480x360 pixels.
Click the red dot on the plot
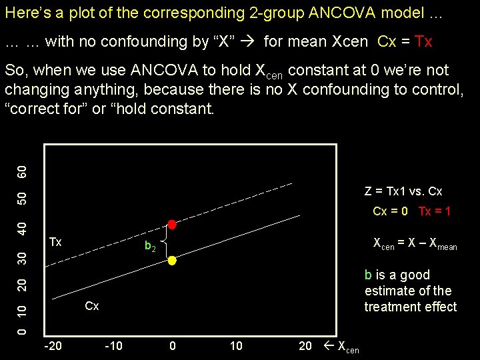click(171, 224)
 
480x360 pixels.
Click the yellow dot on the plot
click(171, 261)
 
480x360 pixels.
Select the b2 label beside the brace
click(151, 247)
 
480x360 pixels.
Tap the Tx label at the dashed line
click(55, 242)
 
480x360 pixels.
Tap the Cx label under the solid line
click(92, 306)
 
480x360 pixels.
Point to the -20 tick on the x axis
click(53, 345)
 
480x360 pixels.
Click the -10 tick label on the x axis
click(113, 345)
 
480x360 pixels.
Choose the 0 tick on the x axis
click(173, 345)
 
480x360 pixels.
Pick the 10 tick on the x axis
click(236, 345)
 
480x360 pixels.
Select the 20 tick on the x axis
click(305, 345)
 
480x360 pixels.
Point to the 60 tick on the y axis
click(22, 171)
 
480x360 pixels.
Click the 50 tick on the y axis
click(22, 199)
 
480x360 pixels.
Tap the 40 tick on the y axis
click(22, 228)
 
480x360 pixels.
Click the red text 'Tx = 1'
click(435, 211)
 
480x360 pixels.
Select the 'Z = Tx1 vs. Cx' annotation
click(403, 191)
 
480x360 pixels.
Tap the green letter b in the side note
click(368, 275)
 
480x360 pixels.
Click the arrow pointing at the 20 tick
click(327, 345)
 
